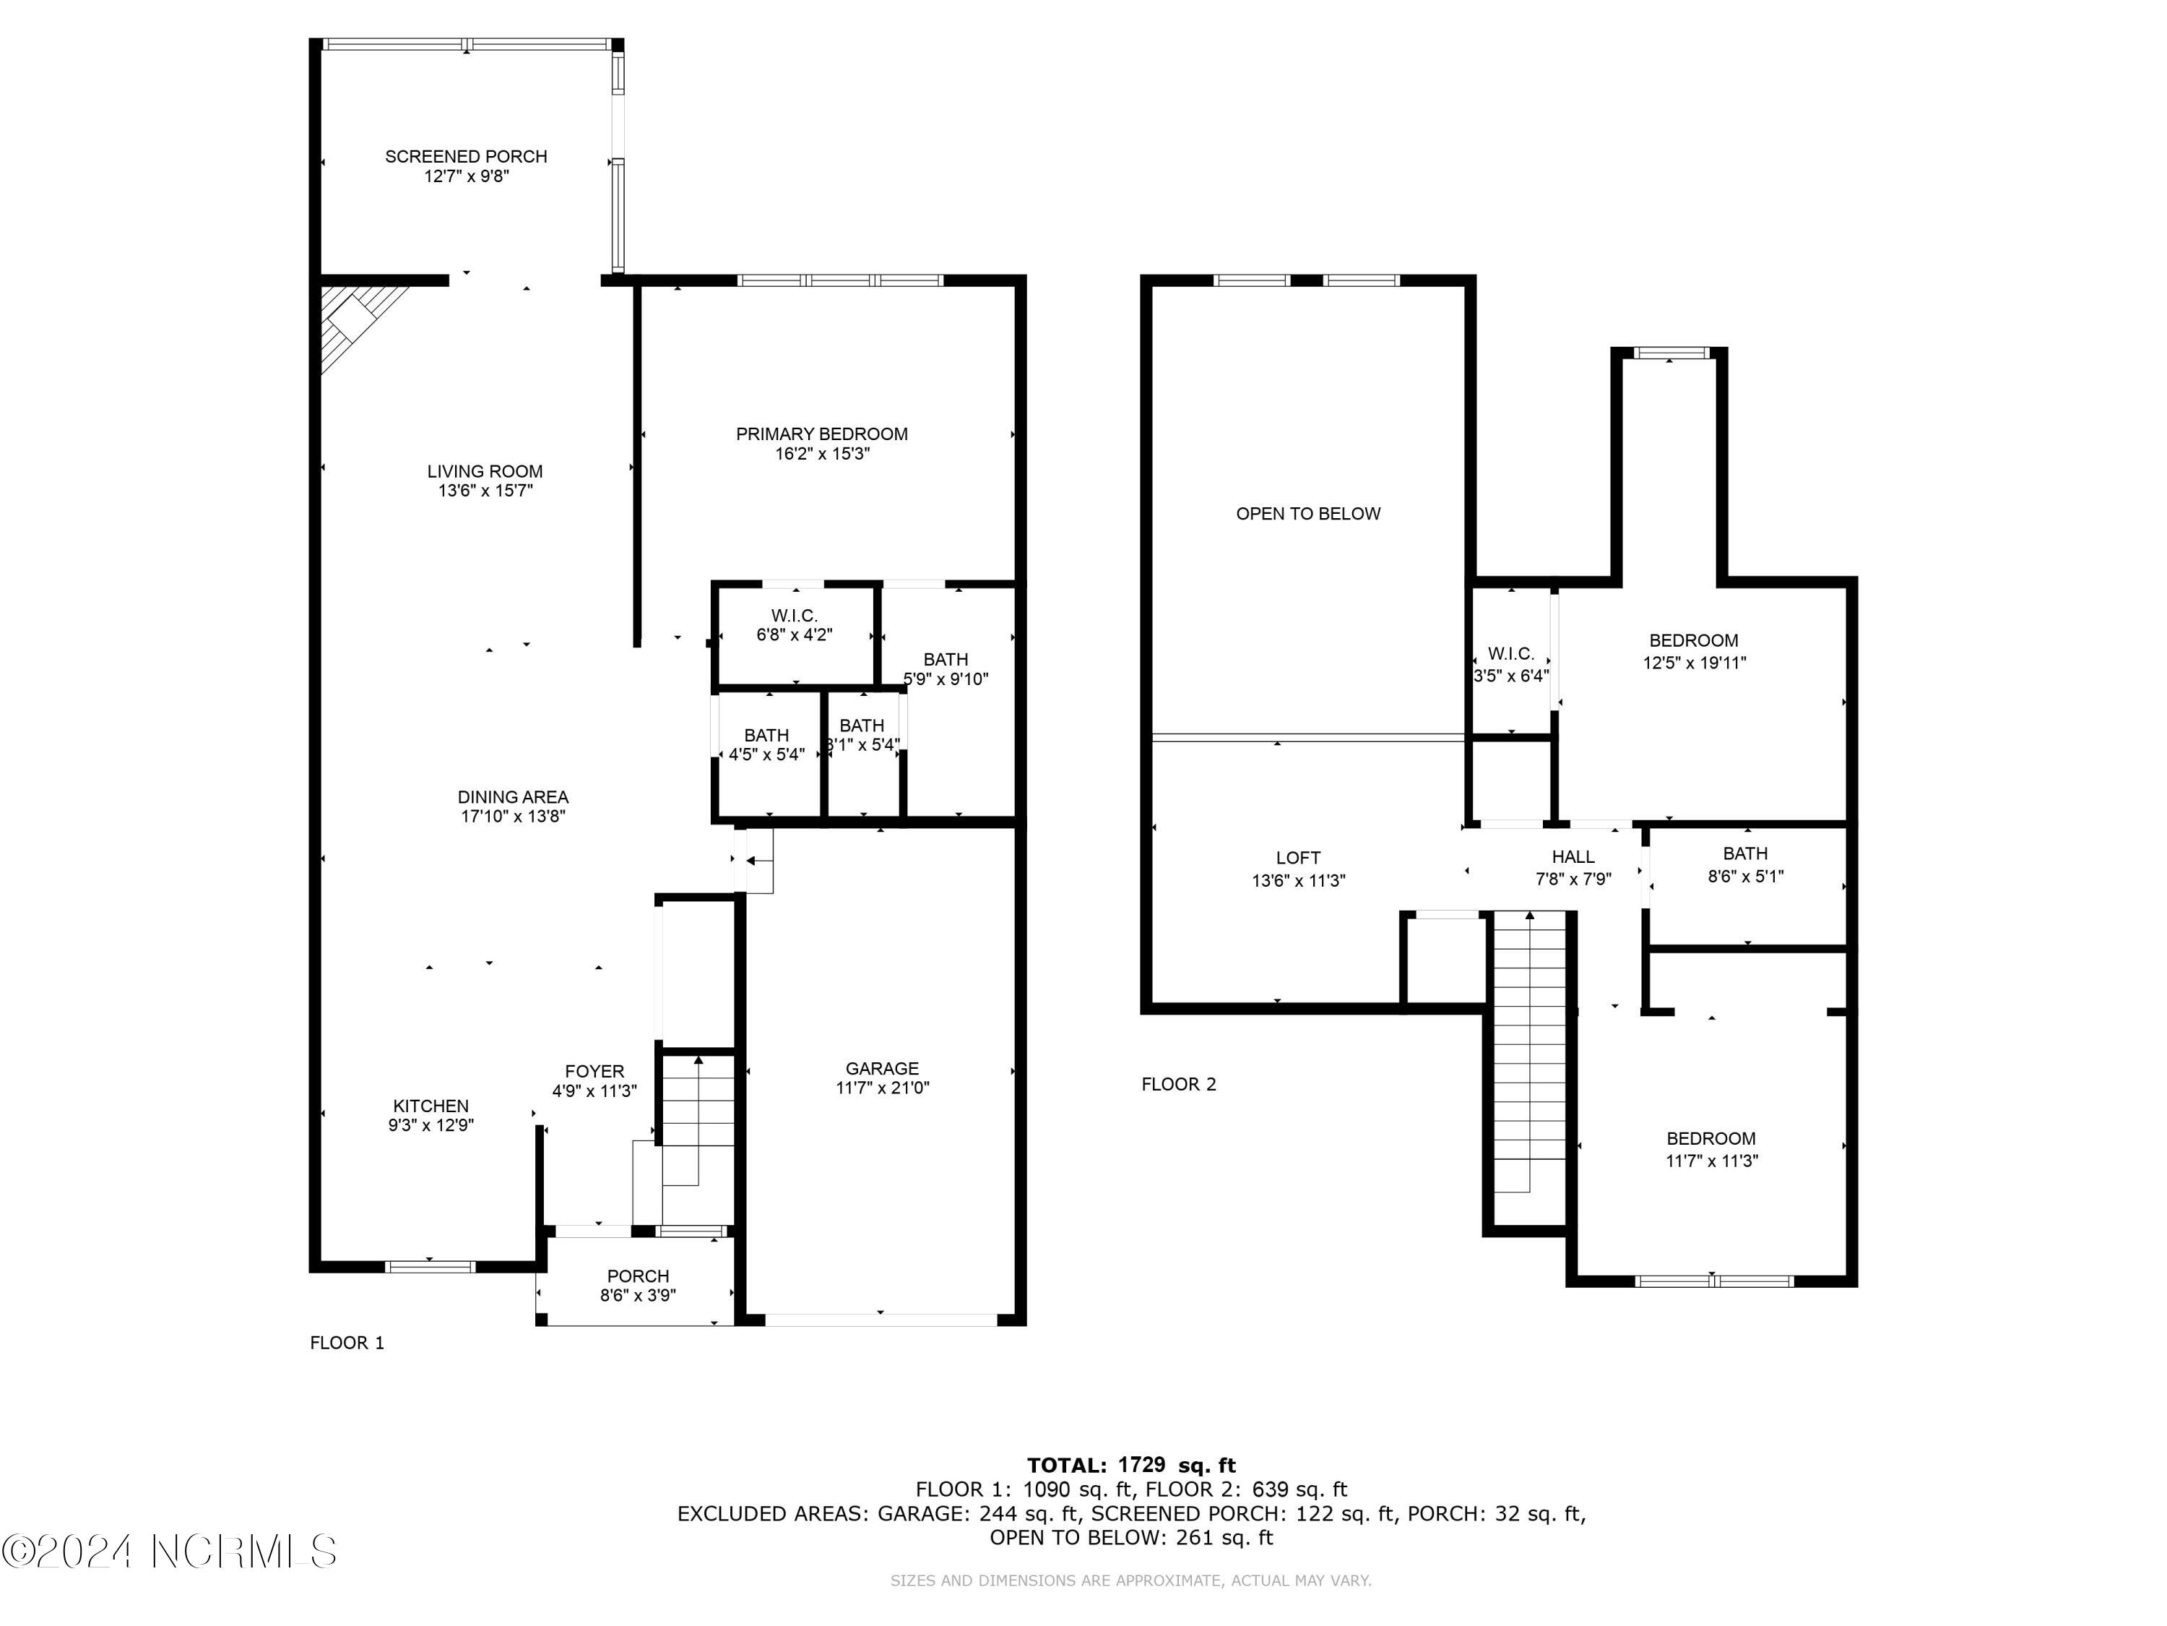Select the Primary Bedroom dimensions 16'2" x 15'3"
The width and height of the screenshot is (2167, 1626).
tap(821, 455)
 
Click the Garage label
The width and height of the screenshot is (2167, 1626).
tap(882, 1068)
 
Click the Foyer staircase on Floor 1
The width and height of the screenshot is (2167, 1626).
tap(698, 1117)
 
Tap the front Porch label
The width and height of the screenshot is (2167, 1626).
tap(638, 1276)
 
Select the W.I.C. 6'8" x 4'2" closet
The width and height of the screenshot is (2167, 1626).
tap(794, 625)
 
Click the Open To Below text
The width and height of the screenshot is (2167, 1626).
tap(1308, 514)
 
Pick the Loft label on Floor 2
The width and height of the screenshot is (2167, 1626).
tap(1298, 858)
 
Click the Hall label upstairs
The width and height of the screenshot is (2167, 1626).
tap(1573, 856)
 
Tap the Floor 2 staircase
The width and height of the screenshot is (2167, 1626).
tap(1529, 1059)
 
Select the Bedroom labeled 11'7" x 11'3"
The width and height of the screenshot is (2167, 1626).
tap(1711, 1150)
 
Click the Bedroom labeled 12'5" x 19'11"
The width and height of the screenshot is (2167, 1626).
tap(1694, 652)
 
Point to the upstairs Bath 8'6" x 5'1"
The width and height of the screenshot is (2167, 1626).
tap(1744, 864)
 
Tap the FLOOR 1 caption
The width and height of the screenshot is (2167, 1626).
tap(347, 1343)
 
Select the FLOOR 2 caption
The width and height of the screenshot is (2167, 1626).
tap(1179, 1084)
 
